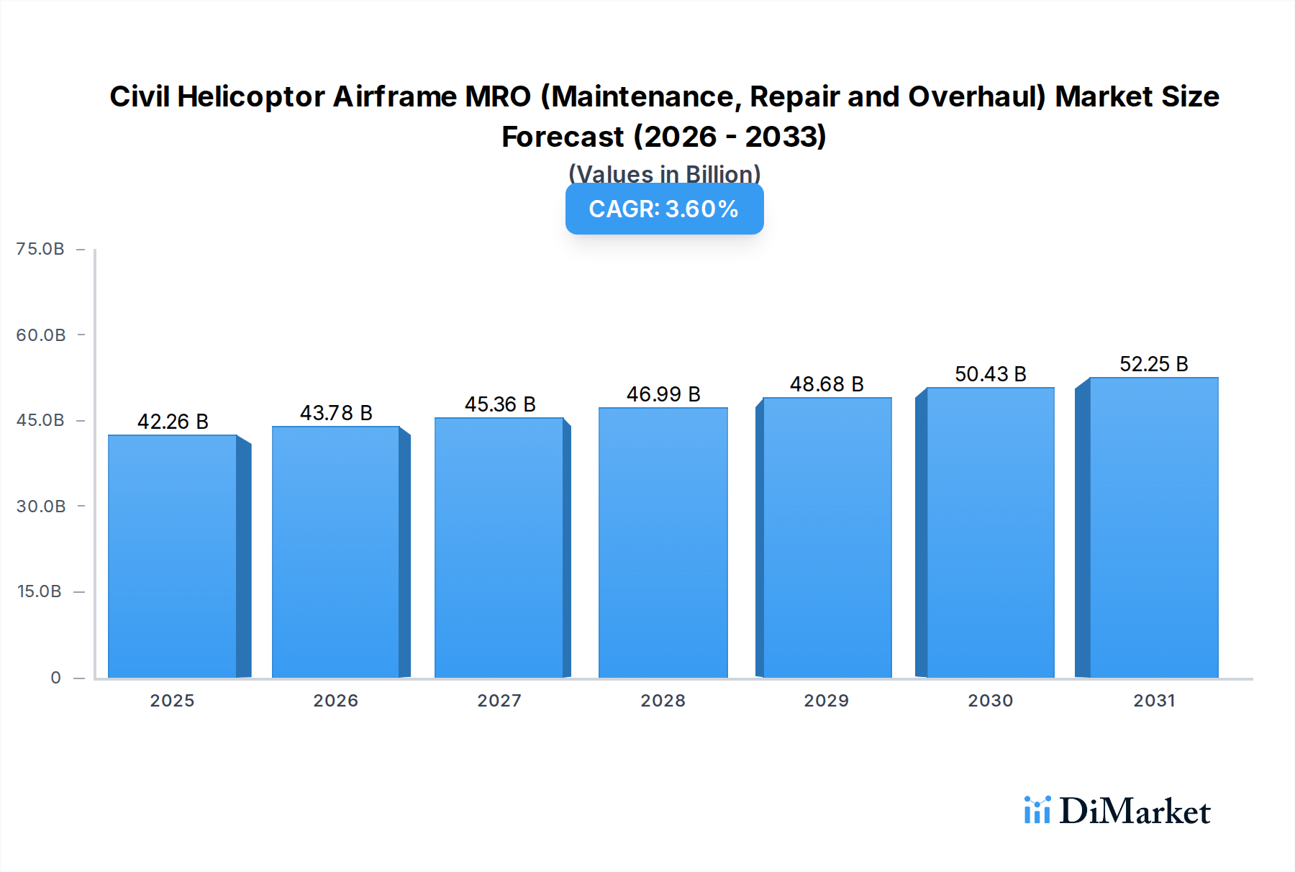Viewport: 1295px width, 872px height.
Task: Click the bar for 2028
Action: [x=663, y=542]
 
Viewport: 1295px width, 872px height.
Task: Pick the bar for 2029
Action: [x=827, y=537]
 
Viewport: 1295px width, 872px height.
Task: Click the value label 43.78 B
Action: [x=336, y=413]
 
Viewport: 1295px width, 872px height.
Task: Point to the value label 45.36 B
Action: [x=500, y=404]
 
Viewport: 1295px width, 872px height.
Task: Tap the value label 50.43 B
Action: [x=990, y=374]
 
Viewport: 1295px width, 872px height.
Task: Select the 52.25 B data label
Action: [x=1153, y=364]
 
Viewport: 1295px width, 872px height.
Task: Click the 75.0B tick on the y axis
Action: [x=40, y=249]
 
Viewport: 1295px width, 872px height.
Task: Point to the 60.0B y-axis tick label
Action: [x=40, y=335]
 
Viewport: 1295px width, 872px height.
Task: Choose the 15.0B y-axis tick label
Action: [x=39, y=591]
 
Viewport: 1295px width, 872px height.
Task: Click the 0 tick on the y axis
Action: [x=55, y=678]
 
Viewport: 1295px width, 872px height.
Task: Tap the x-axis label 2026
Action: [x=335, y=701]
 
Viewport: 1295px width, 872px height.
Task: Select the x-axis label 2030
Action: [x=990, y=701]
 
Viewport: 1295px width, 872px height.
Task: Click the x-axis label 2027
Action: [x=499, y=701]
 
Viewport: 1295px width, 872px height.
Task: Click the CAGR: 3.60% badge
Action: [x=664, y=209]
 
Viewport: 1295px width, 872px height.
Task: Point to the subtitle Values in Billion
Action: [x=664, y=173]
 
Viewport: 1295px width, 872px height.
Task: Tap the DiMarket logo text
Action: [x=1134, y=812]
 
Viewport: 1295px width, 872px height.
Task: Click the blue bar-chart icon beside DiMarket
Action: [x=1037, y=810]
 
